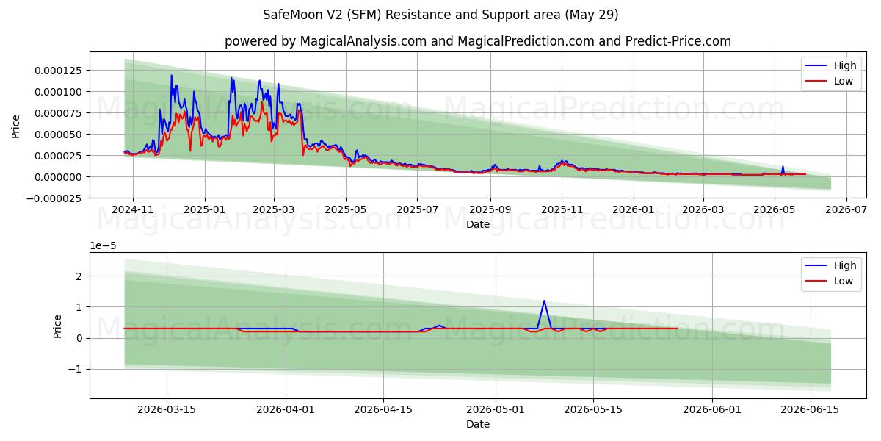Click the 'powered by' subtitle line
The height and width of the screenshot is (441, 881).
pos(478,41)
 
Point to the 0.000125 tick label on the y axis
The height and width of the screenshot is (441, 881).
pos(58,71)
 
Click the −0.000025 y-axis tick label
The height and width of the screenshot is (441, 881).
pos(54,198)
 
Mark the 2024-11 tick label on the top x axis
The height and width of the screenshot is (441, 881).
pos(133,209)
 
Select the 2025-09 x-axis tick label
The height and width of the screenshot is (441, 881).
pos(490,209)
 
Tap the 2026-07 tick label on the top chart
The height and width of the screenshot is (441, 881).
pos(846,209)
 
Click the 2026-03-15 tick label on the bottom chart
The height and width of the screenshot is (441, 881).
pos(167,410)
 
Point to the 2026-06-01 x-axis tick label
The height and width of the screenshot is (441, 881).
pos(712,410)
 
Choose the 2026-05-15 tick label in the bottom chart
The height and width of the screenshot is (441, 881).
pos(593,410)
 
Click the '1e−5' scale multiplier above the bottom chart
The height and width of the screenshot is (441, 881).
pos(103,246)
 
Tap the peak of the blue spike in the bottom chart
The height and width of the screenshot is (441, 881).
pos(544,301)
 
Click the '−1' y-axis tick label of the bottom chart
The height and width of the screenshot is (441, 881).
pos(75,369)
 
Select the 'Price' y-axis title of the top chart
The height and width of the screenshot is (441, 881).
pos(15,126)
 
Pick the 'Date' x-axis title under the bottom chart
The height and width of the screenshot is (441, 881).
pos(478,425)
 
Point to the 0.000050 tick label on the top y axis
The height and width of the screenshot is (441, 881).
pos(58,135)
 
